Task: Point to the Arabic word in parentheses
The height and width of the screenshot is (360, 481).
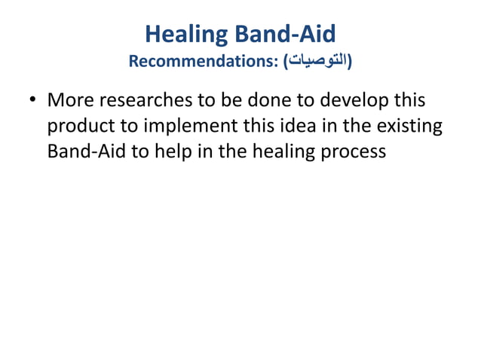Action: click(317, 60)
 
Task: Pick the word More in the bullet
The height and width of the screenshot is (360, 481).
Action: click(69, 100)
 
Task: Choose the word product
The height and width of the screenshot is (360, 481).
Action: click(77, 126)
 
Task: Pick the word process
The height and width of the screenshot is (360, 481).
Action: click(354, 152)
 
